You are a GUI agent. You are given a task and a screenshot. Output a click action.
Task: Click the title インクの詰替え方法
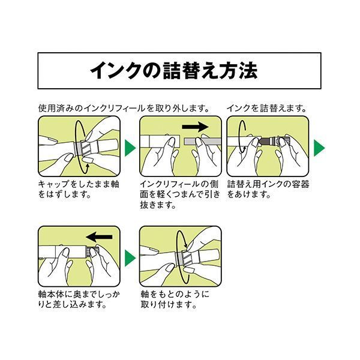coord(174,71)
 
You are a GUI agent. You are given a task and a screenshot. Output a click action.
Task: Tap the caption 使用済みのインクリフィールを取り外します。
coord(122,109)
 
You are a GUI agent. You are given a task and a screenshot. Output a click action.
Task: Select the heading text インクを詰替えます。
coord(266,109)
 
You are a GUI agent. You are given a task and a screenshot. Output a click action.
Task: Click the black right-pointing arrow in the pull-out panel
coord(193,127)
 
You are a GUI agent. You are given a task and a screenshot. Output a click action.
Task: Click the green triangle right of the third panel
coord(319,148)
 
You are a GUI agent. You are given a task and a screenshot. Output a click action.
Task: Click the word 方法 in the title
coord(241,71)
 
